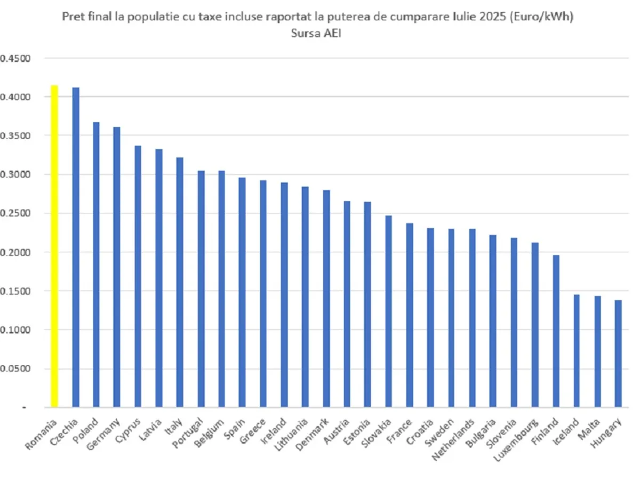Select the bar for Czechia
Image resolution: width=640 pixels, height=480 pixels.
click(x=75, y=247)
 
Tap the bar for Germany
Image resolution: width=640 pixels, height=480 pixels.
click(x=117, y=267)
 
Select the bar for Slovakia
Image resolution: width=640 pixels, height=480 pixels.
click(x=389, y=311)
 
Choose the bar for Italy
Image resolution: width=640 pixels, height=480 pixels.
click(x=180, y=282)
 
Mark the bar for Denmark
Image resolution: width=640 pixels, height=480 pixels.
click(x=326, y=299)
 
